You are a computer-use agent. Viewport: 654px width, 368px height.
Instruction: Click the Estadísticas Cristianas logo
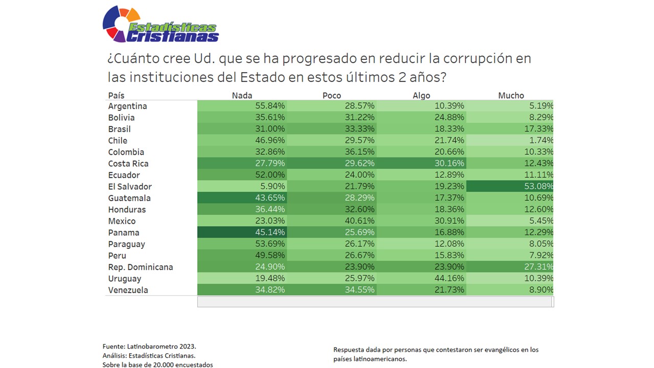(x=160, y=25)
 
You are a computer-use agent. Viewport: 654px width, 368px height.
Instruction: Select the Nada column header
(x=242, y=96)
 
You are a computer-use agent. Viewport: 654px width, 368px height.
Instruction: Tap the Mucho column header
(x=511, y=96)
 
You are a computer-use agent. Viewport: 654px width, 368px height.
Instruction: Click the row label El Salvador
(x=130, y=187)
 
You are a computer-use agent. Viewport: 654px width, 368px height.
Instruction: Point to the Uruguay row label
(x=124, y=279)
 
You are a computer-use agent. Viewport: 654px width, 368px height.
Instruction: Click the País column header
(x=116, y=96)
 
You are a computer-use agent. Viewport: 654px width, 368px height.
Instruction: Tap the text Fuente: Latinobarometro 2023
(x=149, y=346)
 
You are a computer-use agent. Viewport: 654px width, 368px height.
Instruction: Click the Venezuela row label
(x=128, y=290)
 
